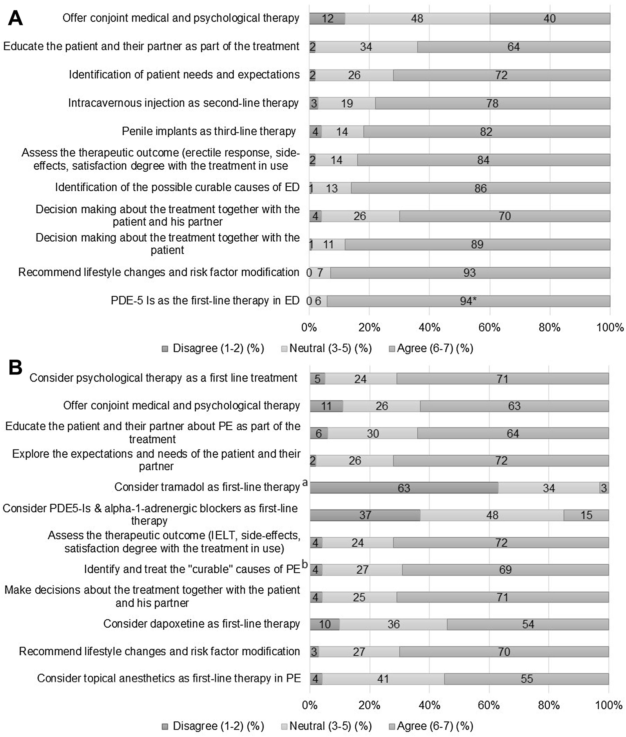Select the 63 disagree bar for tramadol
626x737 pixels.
point(404,488)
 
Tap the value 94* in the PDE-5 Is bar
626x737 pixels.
point(468,301)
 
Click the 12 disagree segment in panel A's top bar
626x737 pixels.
point(327,18)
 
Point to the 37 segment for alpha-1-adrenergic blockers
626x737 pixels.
point(365,515)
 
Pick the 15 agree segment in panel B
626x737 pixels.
point(586,515)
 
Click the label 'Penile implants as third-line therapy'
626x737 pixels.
point(209,131)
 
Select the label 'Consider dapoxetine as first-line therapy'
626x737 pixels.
point(202,624)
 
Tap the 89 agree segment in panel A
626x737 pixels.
point(477,244)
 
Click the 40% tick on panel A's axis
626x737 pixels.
point(429,327)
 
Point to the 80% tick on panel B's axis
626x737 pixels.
point(549,705)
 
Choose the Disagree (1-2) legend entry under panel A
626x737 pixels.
point(213,348)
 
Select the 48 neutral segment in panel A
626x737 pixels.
point(417,18)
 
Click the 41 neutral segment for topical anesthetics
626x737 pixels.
point(383,679)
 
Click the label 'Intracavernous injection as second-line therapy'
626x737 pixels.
point(183,103)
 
